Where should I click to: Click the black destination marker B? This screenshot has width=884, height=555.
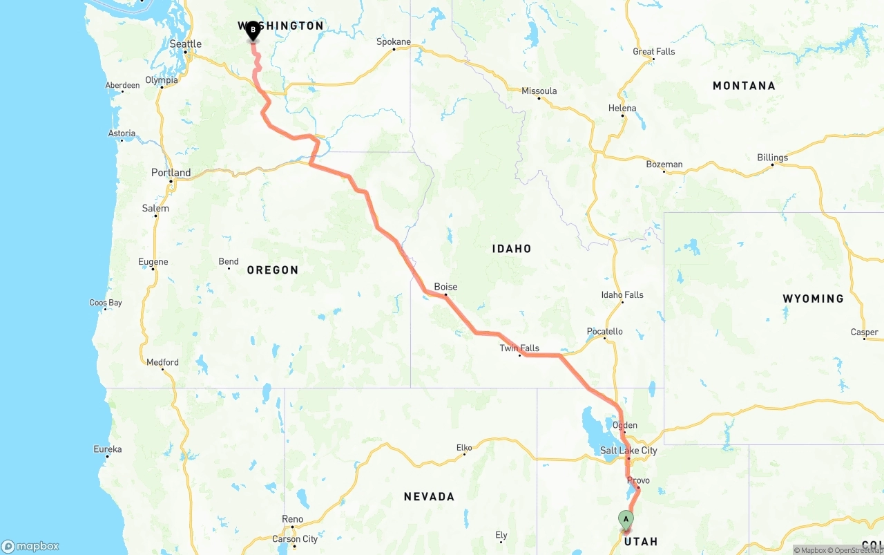(253, 30)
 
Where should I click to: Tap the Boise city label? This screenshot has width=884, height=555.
(445, 287)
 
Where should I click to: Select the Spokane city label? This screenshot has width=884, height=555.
(394, 41)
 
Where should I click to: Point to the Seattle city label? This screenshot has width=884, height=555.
(186, 44)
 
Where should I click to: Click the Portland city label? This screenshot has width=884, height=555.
(171, 173)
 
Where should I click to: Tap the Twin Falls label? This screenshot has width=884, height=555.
(519, 348)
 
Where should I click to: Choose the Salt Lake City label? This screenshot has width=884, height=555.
(628, 451)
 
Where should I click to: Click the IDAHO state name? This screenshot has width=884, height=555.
(512, 249)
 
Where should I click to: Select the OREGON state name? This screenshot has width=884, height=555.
(273, 270)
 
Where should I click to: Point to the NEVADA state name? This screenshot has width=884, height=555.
(429, 496)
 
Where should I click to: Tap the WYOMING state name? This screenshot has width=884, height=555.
(813, 299)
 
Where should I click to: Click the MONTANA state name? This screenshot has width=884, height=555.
(744, 86)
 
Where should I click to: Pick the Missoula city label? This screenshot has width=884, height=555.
(539, 91)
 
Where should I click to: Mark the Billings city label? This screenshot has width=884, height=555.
(772, 158)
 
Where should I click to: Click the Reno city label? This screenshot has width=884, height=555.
(292, 519)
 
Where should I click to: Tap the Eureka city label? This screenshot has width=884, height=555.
(107, 449)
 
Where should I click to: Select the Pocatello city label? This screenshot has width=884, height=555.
(604, 332)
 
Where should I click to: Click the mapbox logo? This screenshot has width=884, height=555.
(30, 546)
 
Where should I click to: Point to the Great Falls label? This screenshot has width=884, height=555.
(654, 51)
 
